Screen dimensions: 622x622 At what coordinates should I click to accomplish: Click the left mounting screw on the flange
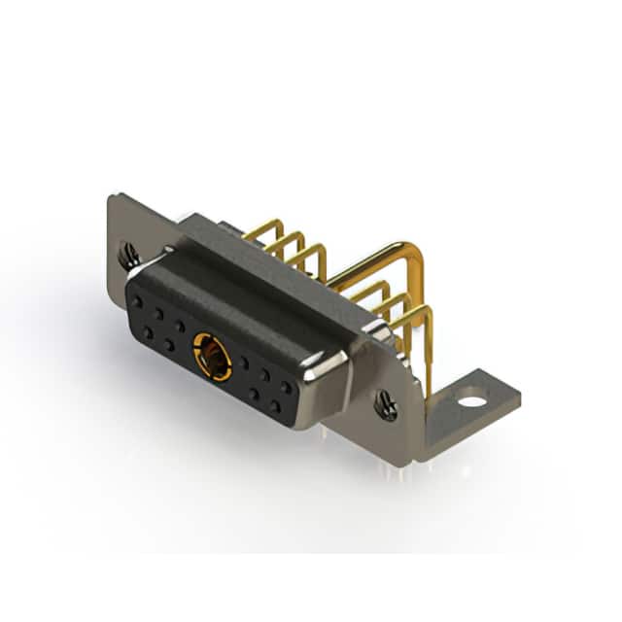(130, 256)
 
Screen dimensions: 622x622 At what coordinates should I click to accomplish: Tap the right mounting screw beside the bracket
(386, 403)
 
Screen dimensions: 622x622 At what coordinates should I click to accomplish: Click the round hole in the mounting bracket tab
(471, 399)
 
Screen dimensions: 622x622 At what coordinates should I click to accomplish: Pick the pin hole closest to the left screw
(136, 302)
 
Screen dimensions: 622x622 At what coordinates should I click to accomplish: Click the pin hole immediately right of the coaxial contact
(243, 363)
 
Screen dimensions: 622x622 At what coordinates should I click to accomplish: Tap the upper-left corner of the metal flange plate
(112, 199)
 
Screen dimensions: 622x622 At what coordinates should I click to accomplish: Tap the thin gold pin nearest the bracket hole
(424, 321)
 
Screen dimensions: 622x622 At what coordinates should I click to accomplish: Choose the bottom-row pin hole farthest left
(147, 332)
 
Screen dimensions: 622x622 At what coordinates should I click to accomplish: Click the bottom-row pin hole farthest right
(276, 406)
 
